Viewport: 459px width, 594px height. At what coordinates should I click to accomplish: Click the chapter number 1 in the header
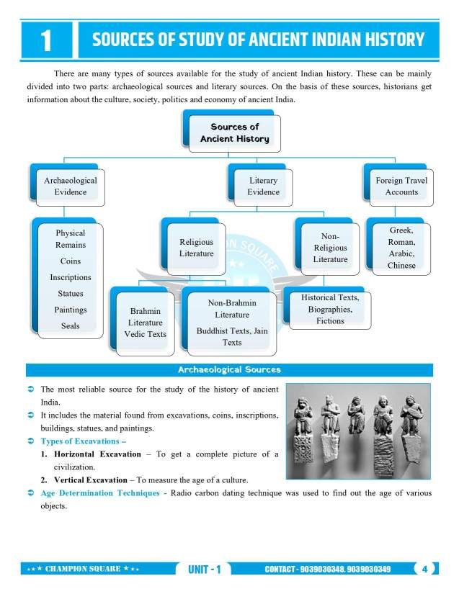(x=46, y=40)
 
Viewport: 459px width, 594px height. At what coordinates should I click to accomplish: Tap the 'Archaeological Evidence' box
(x=70, y=186)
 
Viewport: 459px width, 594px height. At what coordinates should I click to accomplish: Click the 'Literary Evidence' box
(x=263, y=186)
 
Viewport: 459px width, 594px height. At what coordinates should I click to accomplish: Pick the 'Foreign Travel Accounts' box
(x=401, y=186)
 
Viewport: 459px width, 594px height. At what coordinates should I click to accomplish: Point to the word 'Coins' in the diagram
(x=71, y=261)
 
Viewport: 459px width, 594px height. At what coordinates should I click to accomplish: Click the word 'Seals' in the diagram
(x=71, y=326)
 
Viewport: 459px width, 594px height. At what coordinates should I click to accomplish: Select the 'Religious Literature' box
(x=196, y=248)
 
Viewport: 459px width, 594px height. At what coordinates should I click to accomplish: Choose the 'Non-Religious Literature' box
(x=330, y=248)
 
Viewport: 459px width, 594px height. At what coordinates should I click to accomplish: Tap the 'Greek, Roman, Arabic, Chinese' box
(x=401, y=248)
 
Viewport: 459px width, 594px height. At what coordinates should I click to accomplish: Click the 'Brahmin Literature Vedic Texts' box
(x=145, y=323)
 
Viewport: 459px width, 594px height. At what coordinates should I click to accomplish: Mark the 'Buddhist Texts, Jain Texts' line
(x=232, y=337)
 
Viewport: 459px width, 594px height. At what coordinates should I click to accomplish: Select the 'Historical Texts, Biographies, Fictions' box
(x=330, y=309)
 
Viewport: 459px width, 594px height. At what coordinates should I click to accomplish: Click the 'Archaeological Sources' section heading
(x=229, y=370)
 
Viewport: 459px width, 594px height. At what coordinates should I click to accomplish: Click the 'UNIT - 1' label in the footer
(x=204, y=570)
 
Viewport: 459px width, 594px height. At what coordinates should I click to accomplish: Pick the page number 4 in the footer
(x=425, y=569)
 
